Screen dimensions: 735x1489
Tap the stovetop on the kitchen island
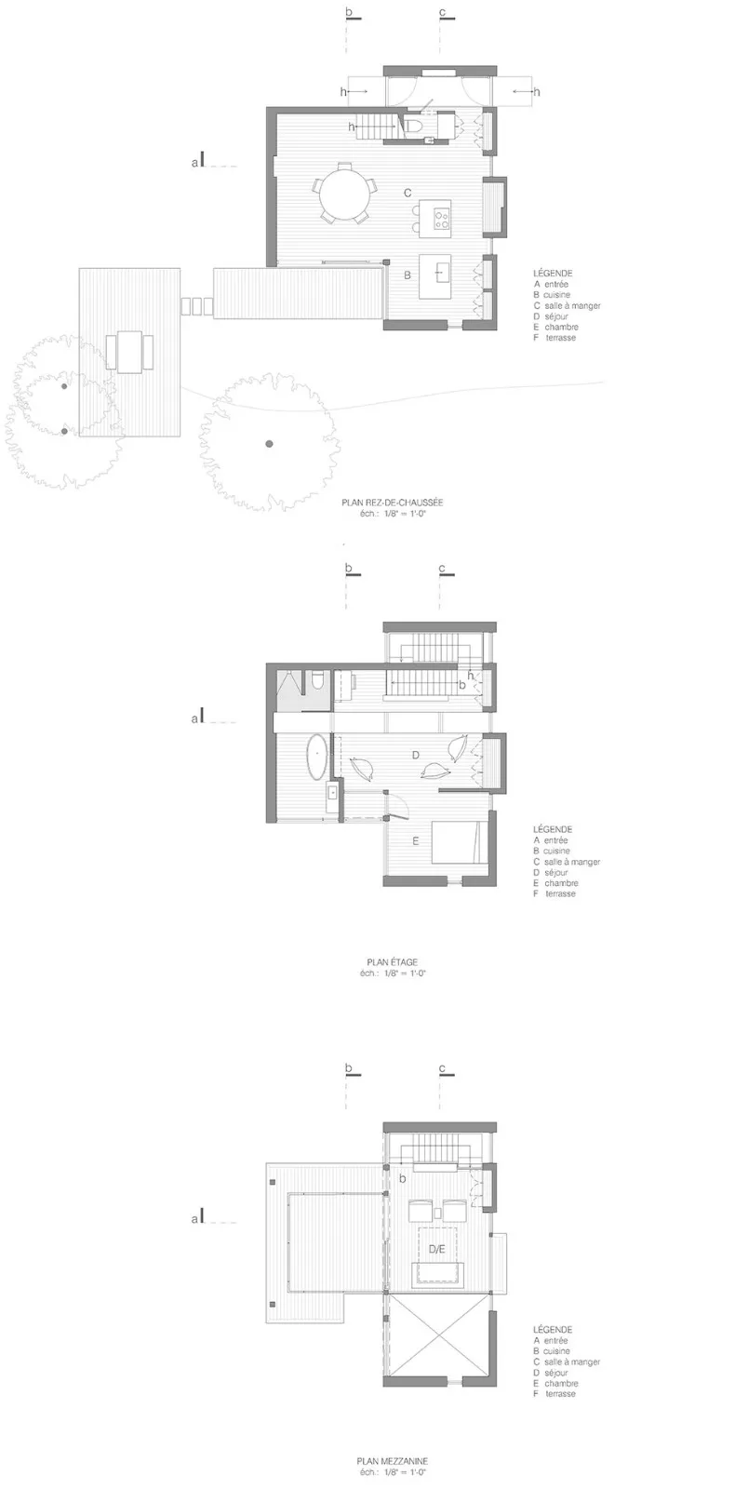pos(441,215)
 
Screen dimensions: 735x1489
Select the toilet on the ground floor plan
pos(413,127)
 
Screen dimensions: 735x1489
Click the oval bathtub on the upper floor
pos(317,756)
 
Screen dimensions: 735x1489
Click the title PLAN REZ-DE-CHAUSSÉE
pos(392,503)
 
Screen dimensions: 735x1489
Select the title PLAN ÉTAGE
pos(392,962)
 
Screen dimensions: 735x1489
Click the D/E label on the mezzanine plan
pos(436,1249)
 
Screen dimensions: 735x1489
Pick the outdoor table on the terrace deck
pos(129,352)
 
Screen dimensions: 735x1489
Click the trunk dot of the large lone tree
pos(269,443)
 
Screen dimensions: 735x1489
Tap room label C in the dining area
pos(408,193)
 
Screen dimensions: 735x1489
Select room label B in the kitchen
pos(408,275)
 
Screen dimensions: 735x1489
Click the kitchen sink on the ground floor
pos(439,273)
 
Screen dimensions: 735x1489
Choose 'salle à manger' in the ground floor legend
pos(572,306)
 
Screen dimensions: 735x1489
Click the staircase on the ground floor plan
pos(377,127)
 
